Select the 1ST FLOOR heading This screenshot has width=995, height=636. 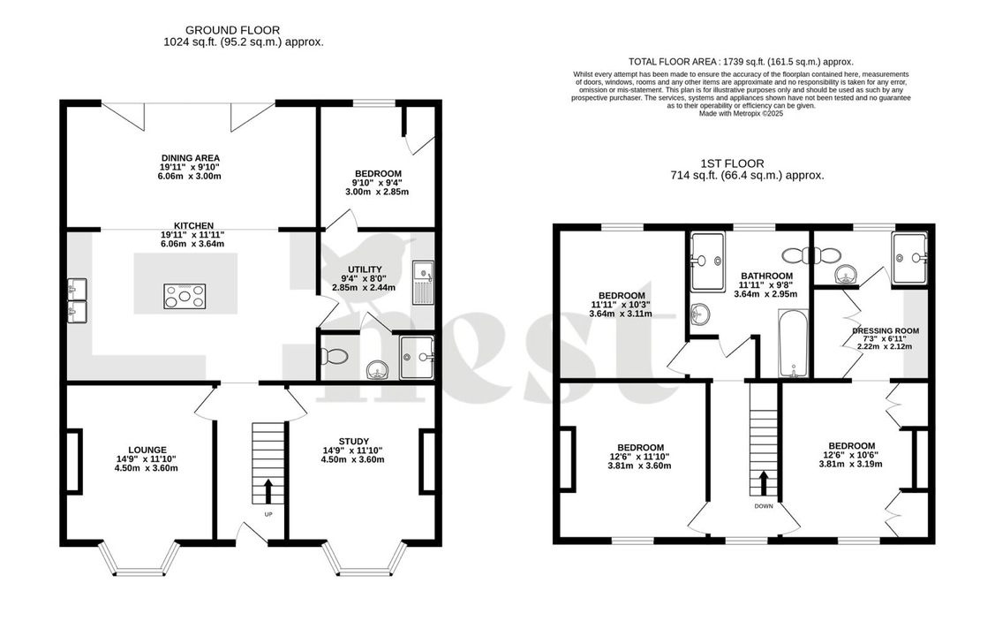732,163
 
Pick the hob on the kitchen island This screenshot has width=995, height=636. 185,296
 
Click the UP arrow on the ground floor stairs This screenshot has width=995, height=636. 268,491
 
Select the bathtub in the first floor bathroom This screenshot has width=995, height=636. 793,344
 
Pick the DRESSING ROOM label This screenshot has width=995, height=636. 886,331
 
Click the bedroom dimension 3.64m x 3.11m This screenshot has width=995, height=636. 622,314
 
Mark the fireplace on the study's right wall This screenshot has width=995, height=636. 428,459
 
